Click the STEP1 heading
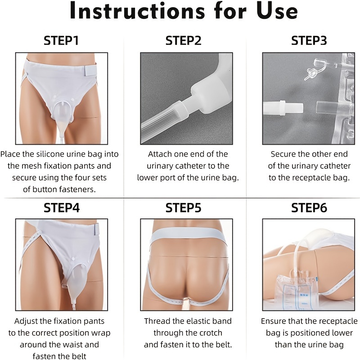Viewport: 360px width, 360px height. (x=61, y=40)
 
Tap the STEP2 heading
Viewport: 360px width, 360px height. (x=183, y=40)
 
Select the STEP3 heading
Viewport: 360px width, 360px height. (x=309, y=40)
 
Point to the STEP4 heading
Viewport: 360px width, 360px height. (x=62, y=207)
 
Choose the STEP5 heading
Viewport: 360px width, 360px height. (x=183, y=207)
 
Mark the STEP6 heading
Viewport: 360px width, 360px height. (x=309, y=207)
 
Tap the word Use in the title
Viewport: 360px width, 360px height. (x=277, y=10)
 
